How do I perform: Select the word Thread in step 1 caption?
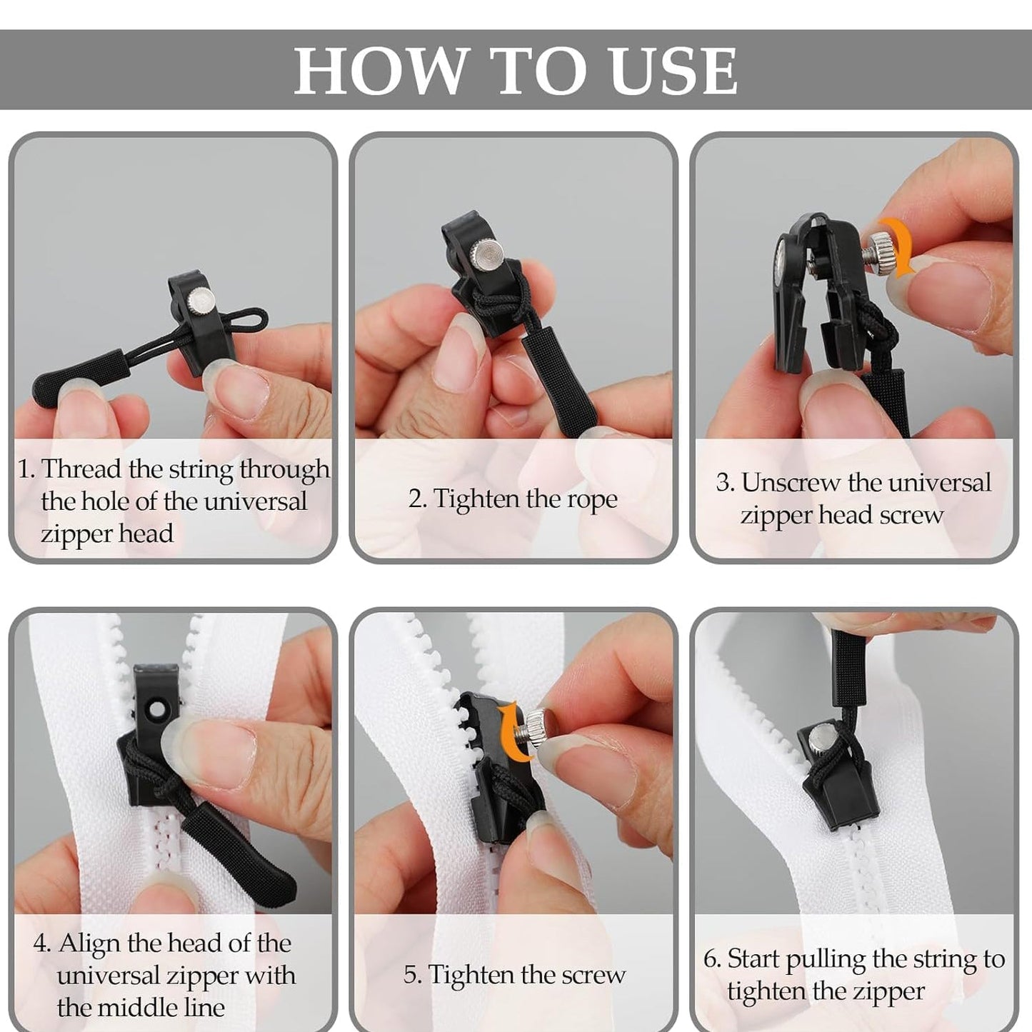(x=81, y=469)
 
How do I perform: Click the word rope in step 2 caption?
(x=592, y=499)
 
